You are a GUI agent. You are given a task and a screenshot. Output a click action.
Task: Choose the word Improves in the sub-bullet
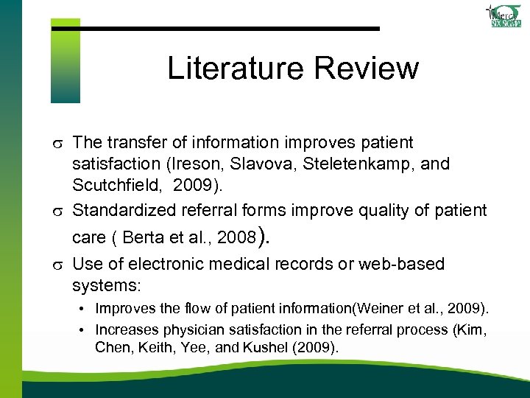coord(125,307)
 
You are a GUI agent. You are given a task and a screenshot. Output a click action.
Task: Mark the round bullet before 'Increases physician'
coord(85,329)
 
